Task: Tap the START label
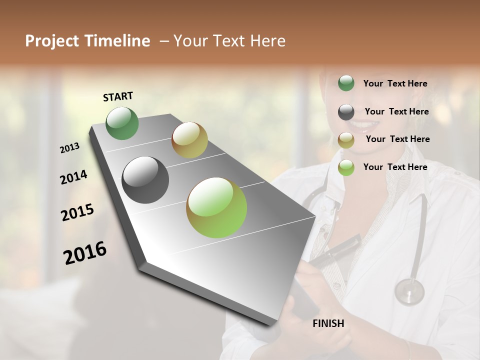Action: coord(118,96)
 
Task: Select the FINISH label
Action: coord(328,323)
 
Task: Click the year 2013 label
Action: coord(70,148)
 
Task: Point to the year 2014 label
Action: coord(73,177)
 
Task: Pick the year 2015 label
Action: coord(77,212)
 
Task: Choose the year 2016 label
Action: coord(85,253)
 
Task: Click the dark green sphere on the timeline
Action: coord(122,123)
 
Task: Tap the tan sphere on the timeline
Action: coord(189,140)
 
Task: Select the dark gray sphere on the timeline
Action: coord(145,180)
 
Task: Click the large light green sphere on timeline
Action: coord(216,207)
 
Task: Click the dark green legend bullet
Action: coord(346,83)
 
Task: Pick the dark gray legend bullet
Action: coord(346,112)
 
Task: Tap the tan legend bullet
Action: coord(346,139)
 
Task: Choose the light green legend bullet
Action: coord(346,167)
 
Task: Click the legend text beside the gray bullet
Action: coord(396,111)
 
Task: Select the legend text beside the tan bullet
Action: coord(397,139)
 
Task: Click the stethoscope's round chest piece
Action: coord(409,291)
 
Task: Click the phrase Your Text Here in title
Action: coord(229,41)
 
